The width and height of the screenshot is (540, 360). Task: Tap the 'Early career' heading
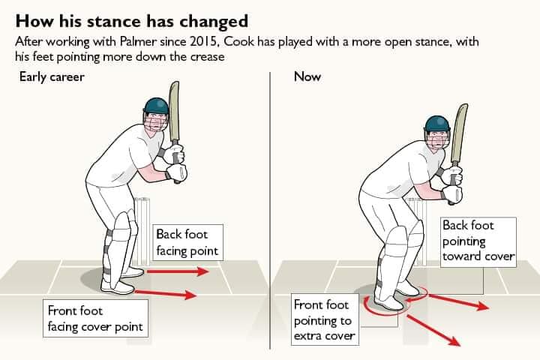50,76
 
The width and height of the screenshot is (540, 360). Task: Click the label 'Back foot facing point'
187,242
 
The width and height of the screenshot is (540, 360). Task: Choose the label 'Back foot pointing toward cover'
478,241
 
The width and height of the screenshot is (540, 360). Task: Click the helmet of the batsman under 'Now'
436,125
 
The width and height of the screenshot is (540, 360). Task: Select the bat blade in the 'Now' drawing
458,135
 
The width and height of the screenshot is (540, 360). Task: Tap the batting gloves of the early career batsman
176,165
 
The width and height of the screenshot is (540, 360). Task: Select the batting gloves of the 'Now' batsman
452,185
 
